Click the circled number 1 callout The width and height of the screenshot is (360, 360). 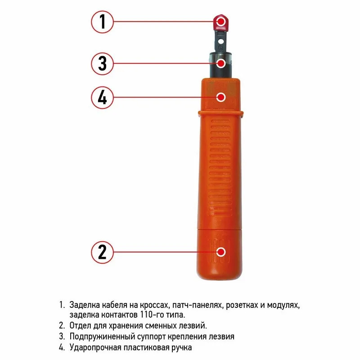point(103,22)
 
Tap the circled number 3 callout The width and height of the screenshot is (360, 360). point(103,63)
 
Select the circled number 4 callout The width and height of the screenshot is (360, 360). point(103,97)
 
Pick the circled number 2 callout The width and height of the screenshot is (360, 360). point(103,252)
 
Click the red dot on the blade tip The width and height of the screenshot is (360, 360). point(221,22)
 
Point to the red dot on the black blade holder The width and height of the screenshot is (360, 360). point(221,63)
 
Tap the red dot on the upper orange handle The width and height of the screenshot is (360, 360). point(221,97)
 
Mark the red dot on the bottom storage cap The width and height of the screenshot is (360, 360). point(221,252)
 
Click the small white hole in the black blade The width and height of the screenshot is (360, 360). point(220,42)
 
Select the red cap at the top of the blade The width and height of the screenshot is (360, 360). point(221,23)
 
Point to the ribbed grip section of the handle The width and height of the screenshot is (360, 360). point(220,167)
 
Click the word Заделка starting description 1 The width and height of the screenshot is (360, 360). point(84,305)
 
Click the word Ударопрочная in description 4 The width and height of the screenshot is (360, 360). point(95,347)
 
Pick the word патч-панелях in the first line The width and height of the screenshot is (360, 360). point(197,306)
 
